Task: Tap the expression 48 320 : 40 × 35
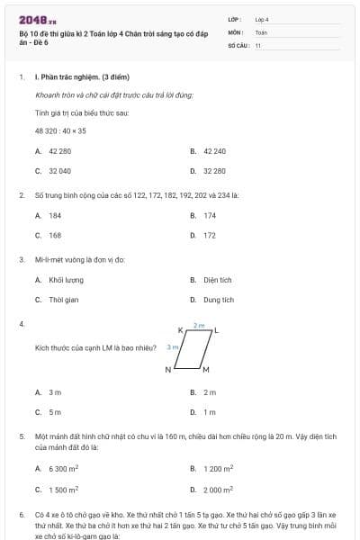click(60, 130)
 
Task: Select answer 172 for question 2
click(210, 235)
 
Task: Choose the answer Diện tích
click(217, 280)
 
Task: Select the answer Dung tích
click(218, 300)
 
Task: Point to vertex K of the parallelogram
click(181, 330)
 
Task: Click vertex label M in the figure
click(205, 370)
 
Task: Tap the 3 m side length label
click(173, 346)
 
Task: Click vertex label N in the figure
click(167, 370)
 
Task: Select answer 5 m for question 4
click(55, 411)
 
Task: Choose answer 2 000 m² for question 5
click(218, 489)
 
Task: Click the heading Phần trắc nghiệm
click(71, 77)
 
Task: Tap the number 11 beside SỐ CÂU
click(257, 44)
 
